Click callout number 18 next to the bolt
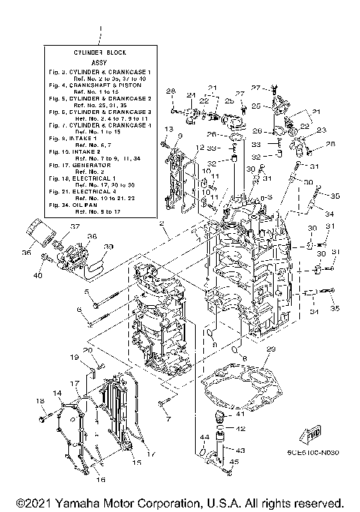(x=40, y=402)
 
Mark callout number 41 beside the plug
(x=240, y=413)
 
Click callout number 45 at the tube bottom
(x=232, y=462)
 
